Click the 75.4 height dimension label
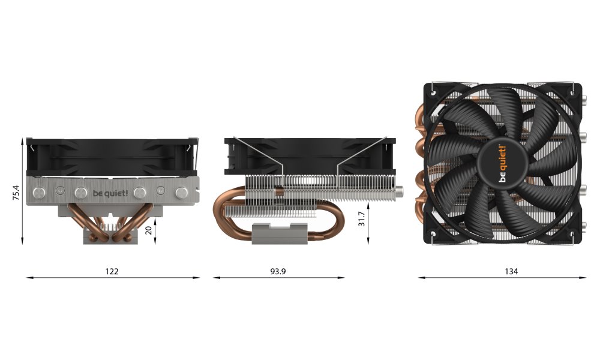pos(16,192)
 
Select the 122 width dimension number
pos(112,271)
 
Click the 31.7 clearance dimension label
pos(361,219)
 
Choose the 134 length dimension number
pos(511,271)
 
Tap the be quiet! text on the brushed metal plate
pos(110,193)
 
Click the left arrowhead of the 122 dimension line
pos(29,278)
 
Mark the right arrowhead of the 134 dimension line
pos(586,278)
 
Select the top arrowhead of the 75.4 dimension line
pos(22,140)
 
